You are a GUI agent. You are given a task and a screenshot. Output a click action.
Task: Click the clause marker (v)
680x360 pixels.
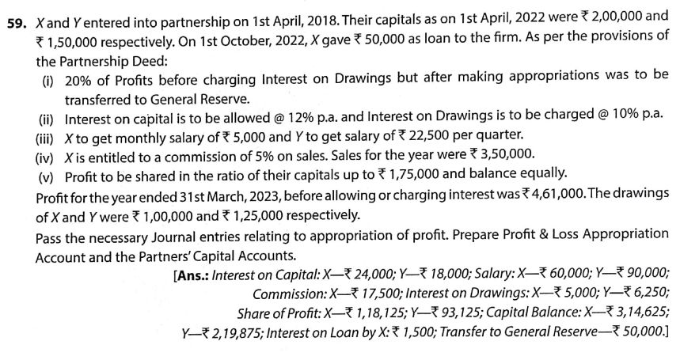51,173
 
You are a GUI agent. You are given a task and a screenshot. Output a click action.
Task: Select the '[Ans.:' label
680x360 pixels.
190,275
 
